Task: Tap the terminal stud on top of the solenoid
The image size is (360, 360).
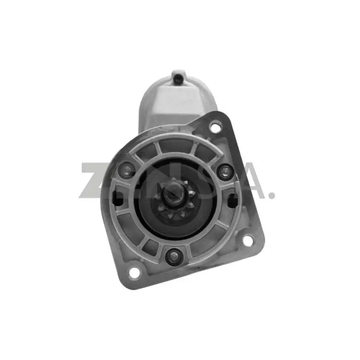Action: click(177, 77)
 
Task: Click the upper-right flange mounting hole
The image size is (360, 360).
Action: click(215, 127)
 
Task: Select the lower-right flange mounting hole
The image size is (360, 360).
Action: click(248, 240)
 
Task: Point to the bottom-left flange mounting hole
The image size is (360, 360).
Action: click(134, 273)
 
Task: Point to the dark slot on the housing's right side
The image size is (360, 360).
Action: click(234, 197)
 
